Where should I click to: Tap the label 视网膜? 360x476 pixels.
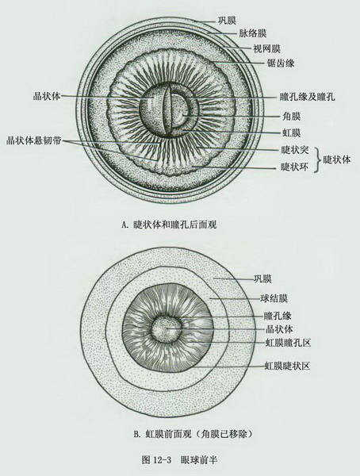pos(266,48)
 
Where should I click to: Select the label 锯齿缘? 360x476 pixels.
pos(281,63)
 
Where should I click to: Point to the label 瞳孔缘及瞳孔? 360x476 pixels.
pos(308,97)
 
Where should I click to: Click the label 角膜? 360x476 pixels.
pos(291,117)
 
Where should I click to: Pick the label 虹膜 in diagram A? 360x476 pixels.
pos(291,132)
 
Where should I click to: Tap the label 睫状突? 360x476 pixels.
pos(295,150)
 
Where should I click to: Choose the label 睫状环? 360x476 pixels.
pos(295,167)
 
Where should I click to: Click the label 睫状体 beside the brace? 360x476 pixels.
pos(337,159)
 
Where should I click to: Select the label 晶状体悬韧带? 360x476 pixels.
pos(34,140)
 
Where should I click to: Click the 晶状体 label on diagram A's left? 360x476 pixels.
pos(47,96)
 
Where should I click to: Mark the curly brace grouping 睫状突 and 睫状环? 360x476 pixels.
pos(317,159)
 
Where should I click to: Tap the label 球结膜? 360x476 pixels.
pos(274,298)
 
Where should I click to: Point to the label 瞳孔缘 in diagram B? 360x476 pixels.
pos(278,316)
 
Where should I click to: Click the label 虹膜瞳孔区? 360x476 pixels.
pos(288,343)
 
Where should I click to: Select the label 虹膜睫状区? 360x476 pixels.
pos(288,366)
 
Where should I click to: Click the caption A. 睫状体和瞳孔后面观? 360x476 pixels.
pos(169,225)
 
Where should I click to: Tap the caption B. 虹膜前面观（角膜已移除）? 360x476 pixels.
pos(193,434)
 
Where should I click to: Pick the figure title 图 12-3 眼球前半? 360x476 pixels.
pos(179,460)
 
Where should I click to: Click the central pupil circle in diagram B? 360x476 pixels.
pos(167,329)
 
